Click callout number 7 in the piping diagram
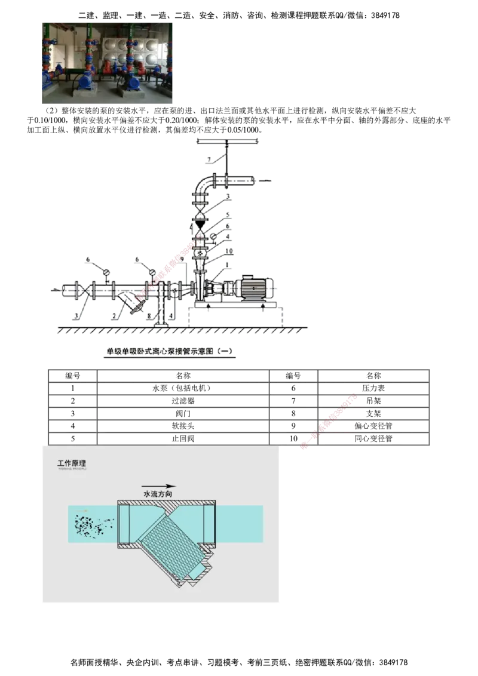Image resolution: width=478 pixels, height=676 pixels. coord(209,158)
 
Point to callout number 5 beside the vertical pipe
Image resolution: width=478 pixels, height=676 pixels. coord(227,214)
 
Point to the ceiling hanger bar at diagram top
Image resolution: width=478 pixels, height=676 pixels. coord(227,141)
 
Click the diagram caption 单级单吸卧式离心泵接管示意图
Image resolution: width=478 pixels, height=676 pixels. coord(170,352)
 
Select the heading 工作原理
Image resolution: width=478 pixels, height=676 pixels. coord(72,463)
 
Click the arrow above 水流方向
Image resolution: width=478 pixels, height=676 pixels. coord(159,486)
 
